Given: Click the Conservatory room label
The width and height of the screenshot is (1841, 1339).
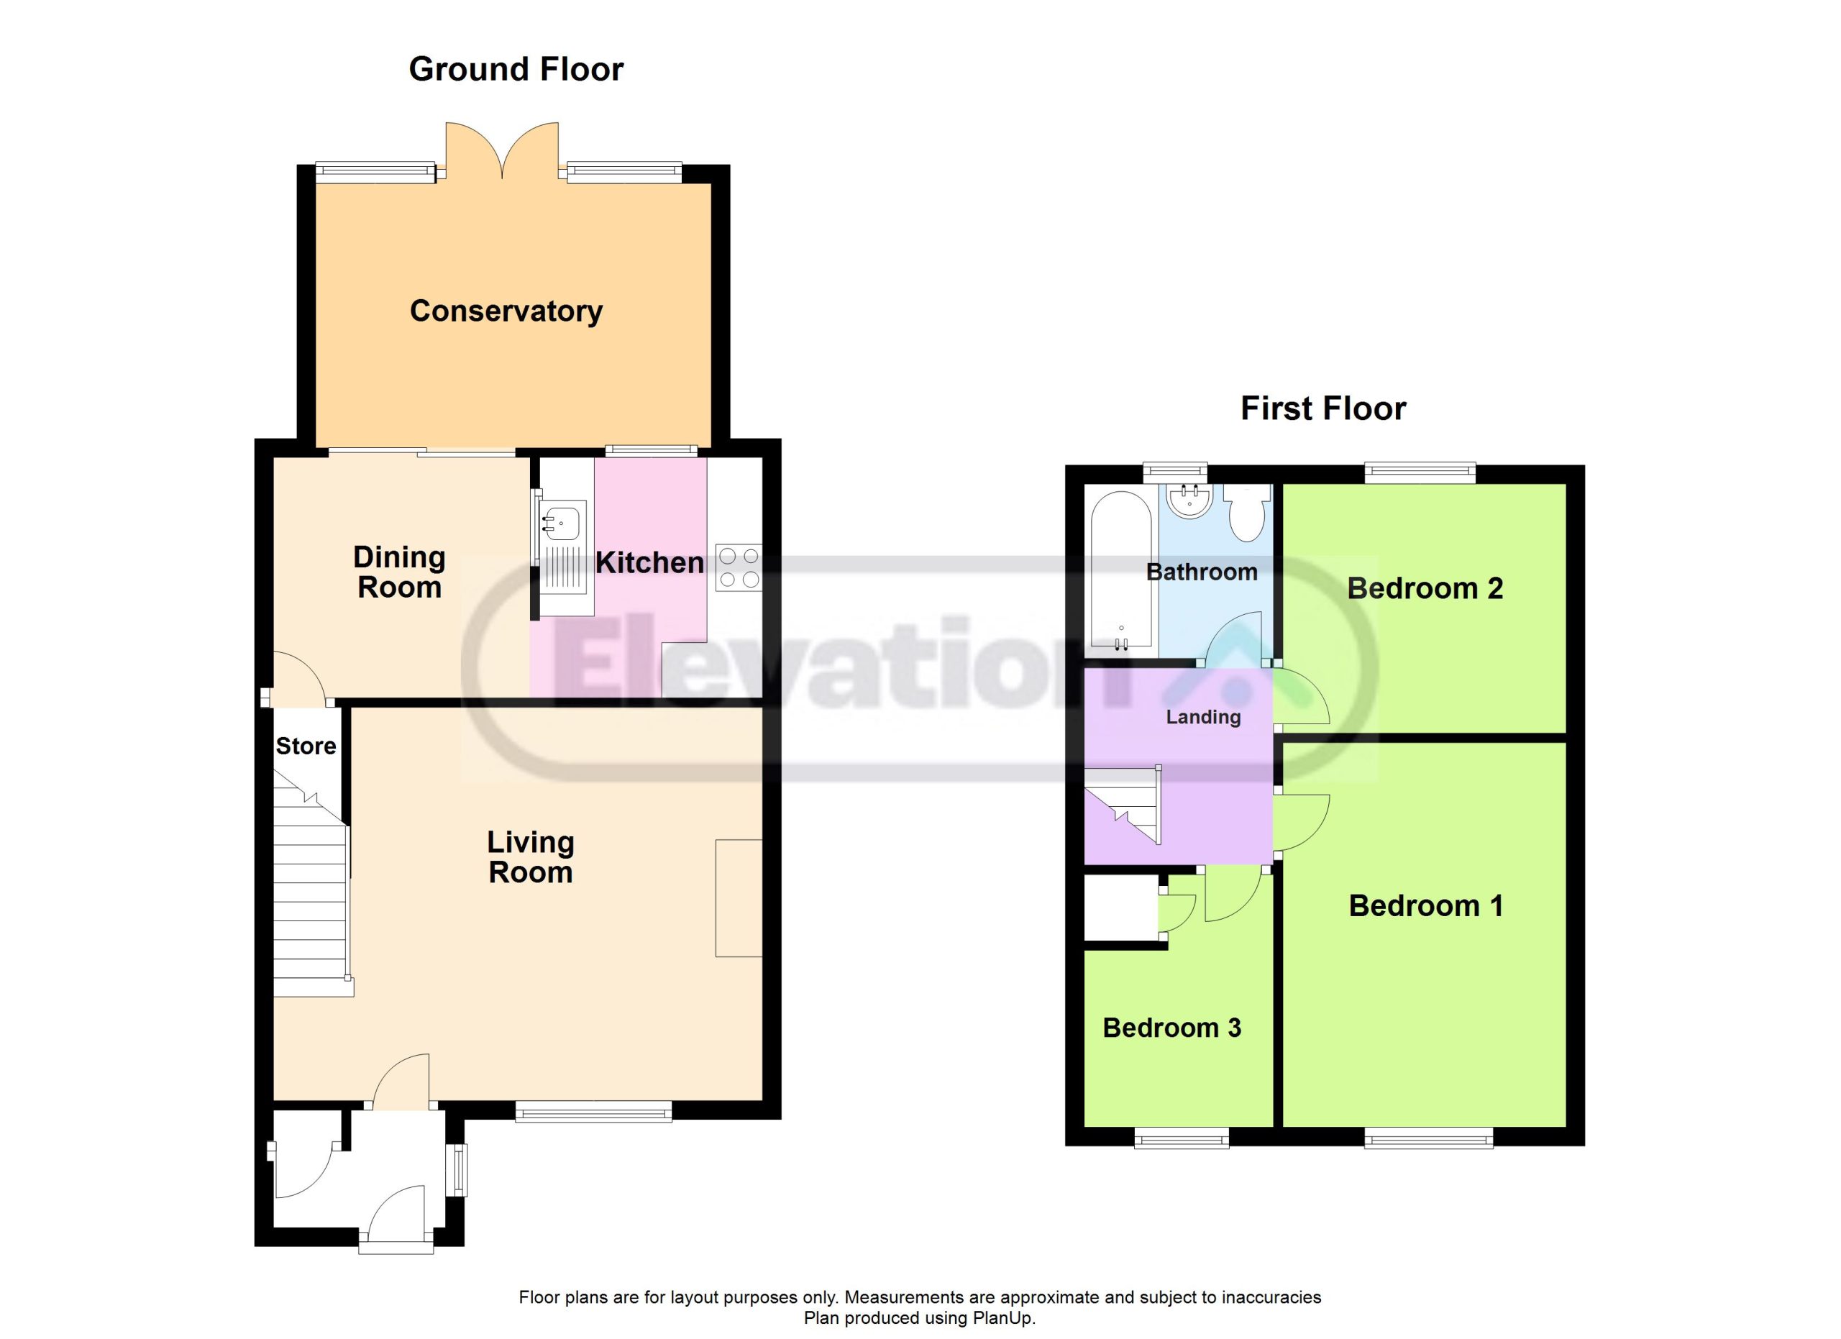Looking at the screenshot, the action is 506,311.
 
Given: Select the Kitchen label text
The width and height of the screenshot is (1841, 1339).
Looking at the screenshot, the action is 649,562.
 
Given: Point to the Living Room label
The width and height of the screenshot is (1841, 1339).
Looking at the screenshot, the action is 531,857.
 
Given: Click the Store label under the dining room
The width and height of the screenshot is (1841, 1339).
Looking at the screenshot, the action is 306,746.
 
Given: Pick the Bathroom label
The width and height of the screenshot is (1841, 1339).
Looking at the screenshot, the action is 1202,572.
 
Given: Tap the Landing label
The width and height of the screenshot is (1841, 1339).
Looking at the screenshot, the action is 1203,716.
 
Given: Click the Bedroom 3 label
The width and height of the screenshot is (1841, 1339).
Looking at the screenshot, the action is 1171,1028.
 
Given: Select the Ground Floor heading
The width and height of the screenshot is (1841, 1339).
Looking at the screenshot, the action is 516,69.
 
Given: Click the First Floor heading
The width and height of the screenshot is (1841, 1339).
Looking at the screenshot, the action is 1323,408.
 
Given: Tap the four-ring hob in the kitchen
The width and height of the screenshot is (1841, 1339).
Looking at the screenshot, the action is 739,568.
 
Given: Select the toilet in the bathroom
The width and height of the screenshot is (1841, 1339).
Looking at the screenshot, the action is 1248,512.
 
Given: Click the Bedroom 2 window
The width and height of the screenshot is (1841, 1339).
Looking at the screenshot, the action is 1420,472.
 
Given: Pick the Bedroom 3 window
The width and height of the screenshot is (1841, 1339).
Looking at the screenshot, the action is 1181,1138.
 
